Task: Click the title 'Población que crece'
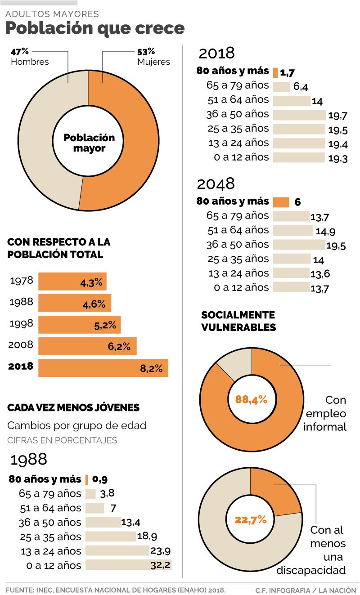(95, 28)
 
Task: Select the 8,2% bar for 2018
(103, 368)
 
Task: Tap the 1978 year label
(21, 281)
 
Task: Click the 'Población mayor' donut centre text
(89, 143)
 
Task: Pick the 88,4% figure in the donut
(251, 399)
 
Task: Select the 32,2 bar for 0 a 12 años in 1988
(128, 565)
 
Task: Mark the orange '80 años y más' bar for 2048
(281, 202)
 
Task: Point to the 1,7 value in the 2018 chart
(287, 72)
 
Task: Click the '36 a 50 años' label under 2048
(238, 244)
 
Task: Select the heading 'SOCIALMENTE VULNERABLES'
(238, 321)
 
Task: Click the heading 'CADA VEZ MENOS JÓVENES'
(73, 407)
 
